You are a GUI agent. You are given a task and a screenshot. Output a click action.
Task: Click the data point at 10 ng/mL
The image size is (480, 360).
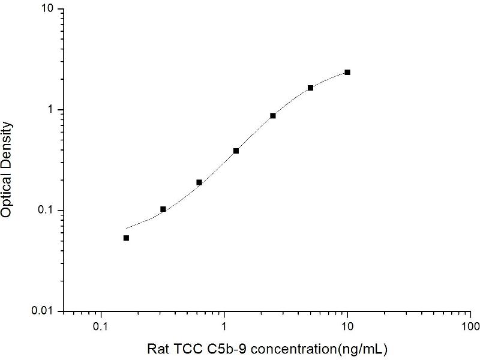pyautogui.click(x=347, y=72)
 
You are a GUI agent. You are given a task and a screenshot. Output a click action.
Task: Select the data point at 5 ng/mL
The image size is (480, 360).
pyautogui.click(x=310, y=88)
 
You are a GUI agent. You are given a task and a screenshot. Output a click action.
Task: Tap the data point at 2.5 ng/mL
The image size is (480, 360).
pyautogui.click(x=273, y=115)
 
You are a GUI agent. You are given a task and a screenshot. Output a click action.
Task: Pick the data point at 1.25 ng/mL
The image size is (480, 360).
pyautogui.click(x=236, y=151)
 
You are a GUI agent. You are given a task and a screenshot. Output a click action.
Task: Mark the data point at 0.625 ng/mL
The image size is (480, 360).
pyautogui.click(x=199, y=182)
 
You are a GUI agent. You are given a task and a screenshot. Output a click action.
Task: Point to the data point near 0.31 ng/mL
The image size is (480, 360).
pyautogui.click(x=163, y=209)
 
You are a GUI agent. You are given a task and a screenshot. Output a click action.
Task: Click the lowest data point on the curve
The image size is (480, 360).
pyautogui.click(x=126, y=238)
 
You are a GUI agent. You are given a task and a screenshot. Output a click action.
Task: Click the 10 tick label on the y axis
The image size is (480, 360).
pyautogui.click(x=48, y=10)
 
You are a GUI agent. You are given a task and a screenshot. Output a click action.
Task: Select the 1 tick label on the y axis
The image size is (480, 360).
pyautogui.click(x=52, y=110)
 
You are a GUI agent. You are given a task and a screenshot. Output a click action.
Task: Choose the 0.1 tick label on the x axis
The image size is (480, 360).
pyautogui.click(x=101, y=328)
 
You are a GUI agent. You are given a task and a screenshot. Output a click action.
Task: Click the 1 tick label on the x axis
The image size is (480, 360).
pyautogui.click(x=224, y=328)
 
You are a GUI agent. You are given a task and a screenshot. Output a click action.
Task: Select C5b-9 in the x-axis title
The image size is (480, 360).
pyautogui.click(x=218, y=348)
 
